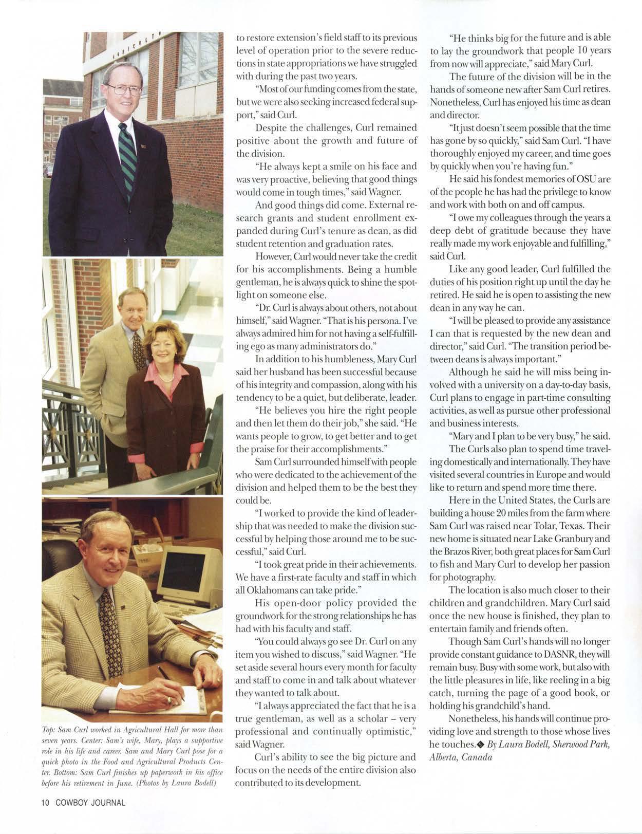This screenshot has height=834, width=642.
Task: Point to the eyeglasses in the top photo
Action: click(124, 89)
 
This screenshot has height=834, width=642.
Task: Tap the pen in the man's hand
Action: click(170, 683)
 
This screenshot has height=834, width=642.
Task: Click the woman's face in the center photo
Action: click(161, 349)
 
